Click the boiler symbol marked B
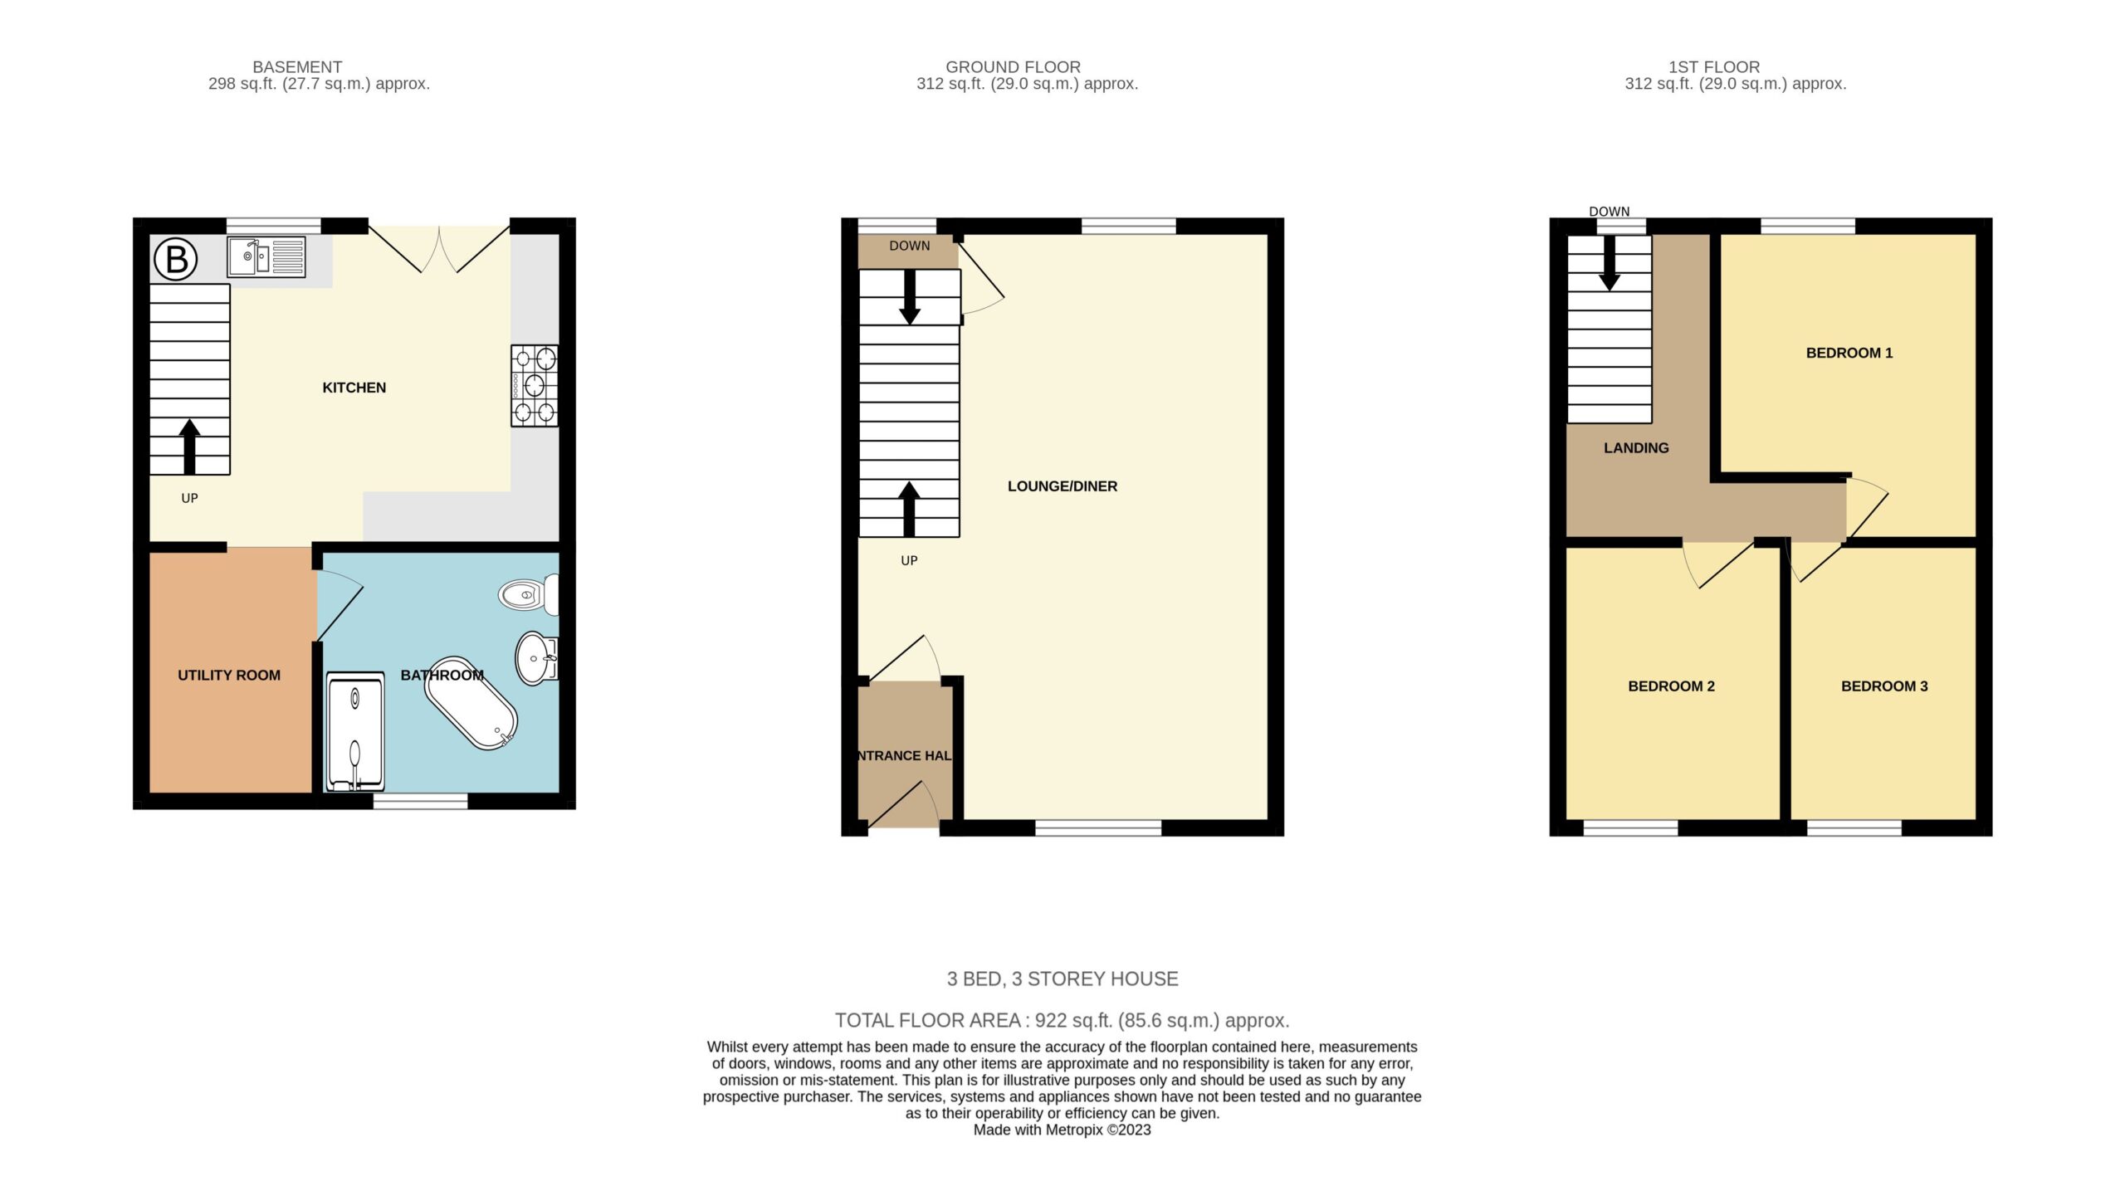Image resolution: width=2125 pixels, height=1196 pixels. pyautogui.click(x=176, y=259)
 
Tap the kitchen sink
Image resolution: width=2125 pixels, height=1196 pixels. pyautogui.click(x=266, y=256)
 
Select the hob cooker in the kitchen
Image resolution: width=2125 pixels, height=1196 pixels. pyautogui.click(x=535, y=386)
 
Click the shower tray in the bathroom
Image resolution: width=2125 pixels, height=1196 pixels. pyautogui.click(x=356, y=731)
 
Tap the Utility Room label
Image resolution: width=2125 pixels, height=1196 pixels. pyautogui.click(x=229, y=676)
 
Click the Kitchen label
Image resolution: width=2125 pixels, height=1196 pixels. pyautogui.click(x=354, y=388)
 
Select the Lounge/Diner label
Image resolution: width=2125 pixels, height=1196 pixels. pyautogui.click(x=1062, y=486)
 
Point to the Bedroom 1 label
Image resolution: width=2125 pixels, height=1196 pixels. pyautogui.click(x=1849, y=353)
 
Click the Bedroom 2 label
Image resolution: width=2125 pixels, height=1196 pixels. pyautogui.click(x=1671, y=686)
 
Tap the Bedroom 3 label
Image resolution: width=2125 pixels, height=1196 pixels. pyautogui.click(x=1884, y=686)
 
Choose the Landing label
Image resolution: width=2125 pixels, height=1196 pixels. pyautogui.click(x=1636, y=448)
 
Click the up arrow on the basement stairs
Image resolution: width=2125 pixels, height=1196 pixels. pyautogui.click(x=189, y=447)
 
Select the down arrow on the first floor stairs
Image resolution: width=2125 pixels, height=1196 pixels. pyautogui.click(x=1610, y=264)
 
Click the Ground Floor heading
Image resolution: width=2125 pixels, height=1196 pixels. pyautogui.click(x=1013, y=66)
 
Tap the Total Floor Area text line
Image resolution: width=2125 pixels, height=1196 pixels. pyautogui.click(x=1062, y=1020)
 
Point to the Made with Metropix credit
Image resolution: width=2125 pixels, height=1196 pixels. pyautogui.click(x=1062, y=1130)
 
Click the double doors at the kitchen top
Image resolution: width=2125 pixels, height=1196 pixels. pyautogui.click(x=439, y=249)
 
